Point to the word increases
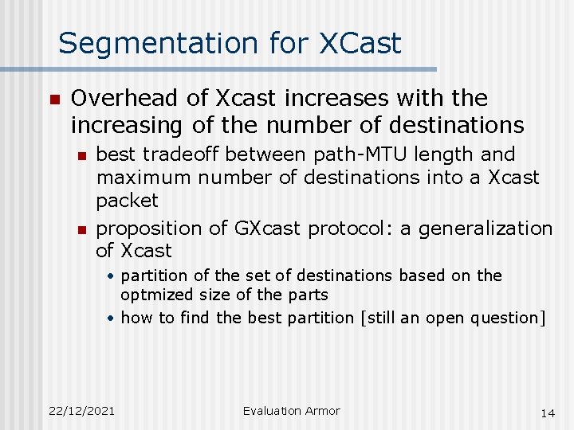(287, 99)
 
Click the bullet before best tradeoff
(81, 154)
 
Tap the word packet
(127, 200)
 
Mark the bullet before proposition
(81, 229)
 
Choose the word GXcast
(268, 229)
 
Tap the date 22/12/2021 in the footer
(81, 411)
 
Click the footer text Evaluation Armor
(291, 411)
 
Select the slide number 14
(547, 412)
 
